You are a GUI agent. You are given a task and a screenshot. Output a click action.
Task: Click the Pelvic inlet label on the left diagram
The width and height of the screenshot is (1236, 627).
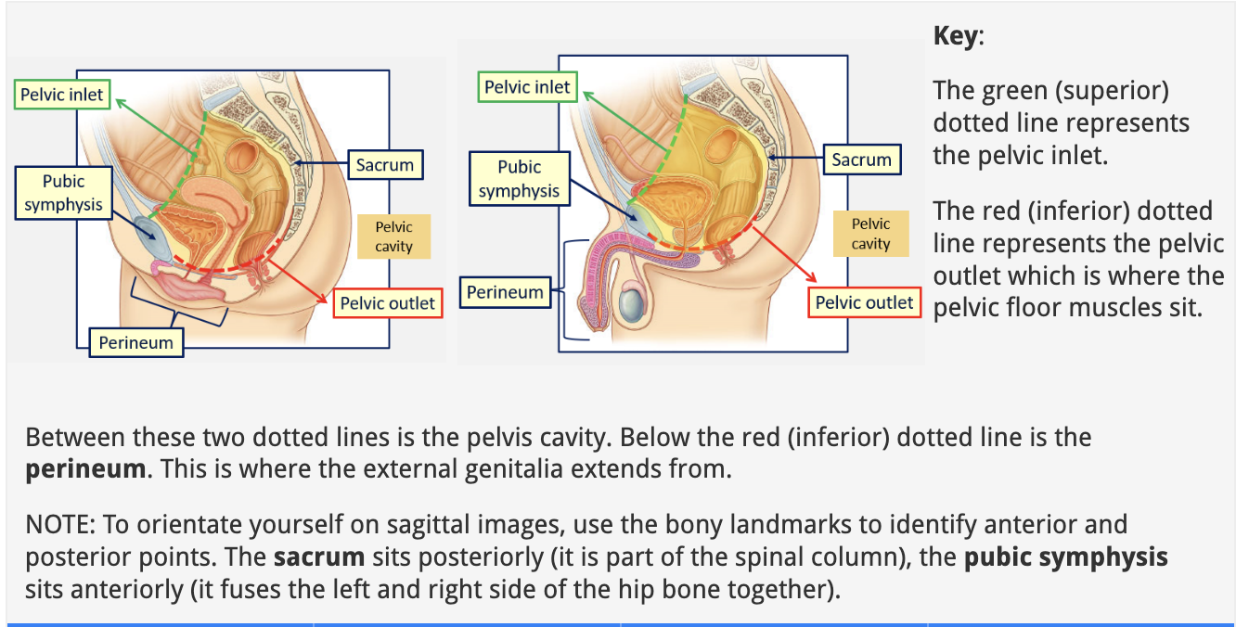[62, 95]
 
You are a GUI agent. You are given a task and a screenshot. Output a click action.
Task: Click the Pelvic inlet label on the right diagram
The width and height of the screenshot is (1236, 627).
[527, 87]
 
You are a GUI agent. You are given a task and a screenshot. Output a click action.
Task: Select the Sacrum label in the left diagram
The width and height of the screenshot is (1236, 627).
[385, 165]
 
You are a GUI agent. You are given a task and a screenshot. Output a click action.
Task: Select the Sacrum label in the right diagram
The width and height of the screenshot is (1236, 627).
[861, 160]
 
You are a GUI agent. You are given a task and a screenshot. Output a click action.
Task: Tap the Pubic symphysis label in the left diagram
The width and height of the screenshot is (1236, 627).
[63, 193]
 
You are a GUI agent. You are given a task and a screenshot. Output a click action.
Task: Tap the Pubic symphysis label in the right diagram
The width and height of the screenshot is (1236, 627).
[519, 179]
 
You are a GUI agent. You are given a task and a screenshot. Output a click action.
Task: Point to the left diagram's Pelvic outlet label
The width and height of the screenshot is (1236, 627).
[387, 303]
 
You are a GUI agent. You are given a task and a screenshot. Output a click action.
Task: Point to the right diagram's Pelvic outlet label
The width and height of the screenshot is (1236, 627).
[864, 302]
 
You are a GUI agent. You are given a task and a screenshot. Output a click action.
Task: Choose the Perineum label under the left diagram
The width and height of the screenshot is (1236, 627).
[136, 342]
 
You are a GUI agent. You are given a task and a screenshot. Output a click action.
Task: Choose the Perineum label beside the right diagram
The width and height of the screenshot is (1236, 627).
[505, 292]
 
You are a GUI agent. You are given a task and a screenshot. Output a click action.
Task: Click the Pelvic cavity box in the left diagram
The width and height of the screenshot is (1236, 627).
[393, 237]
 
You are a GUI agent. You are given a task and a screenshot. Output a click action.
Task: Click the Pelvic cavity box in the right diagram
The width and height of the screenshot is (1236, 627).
[870, 233]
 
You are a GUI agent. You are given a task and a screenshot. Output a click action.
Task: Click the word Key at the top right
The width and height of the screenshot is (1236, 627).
[955, 36]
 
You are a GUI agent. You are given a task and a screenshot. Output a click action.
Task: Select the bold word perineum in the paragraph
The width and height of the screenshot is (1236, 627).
[85, 468]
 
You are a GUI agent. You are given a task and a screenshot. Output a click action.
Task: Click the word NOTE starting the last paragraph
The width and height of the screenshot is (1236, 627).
[60, 525]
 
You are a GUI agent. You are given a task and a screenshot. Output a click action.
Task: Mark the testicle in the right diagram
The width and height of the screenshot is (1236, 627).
[633, 304]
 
